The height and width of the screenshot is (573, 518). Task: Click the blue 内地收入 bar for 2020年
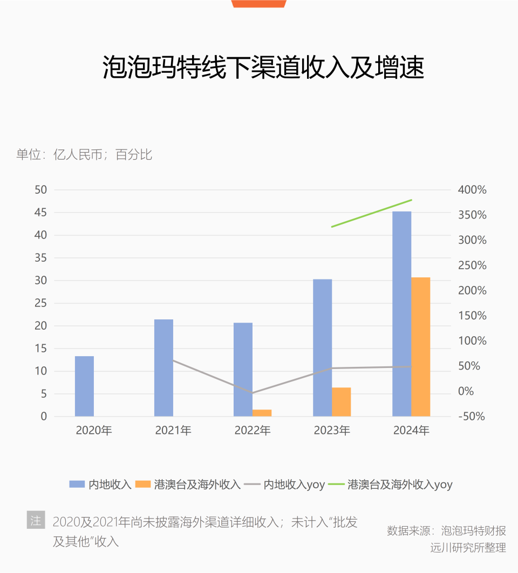tap(84, 386)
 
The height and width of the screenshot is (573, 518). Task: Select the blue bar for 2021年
tap(163, 368)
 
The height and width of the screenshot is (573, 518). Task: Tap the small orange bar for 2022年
tap(262, 413)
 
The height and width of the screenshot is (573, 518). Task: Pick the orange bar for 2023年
tap(341, 402)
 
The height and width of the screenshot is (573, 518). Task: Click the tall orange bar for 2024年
tap(420, 347)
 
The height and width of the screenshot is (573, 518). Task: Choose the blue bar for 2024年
tap(401, 314)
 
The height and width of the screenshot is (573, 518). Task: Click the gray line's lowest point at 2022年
tap(253, 393)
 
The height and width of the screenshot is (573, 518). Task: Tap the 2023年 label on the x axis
tap(332, 431)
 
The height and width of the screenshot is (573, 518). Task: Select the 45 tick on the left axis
tap(41, 213)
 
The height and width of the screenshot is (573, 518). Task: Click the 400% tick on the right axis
tap(472, 190)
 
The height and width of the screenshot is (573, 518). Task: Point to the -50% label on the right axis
tap(471, 417)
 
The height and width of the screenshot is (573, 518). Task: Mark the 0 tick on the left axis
tap(44, 417)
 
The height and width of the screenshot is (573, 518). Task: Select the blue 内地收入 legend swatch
tap(77, 484)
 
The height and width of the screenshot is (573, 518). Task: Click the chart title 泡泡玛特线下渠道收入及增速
tap(263, 68)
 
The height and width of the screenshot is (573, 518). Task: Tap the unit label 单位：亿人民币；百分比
tap(84, 155)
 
